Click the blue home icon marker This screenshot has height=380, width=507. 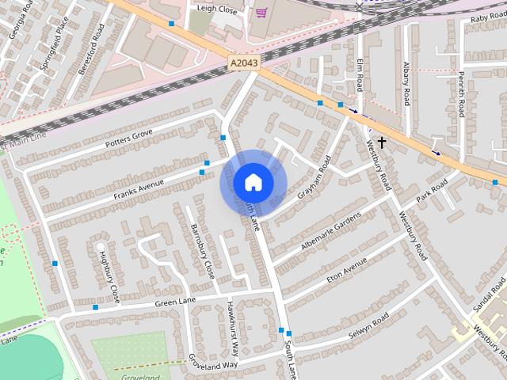tap(253, 182)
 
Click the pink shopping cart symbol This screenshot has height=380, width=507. tap(261, 13)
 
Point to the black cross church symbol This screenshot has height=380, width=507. tap(382, 142)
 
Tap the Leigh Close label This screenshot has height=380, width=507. tap(217, 9)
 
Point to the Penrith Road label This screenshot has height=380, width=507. tap(460, 93)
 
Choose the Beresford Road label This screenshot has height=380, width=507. tap(91, 49)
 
